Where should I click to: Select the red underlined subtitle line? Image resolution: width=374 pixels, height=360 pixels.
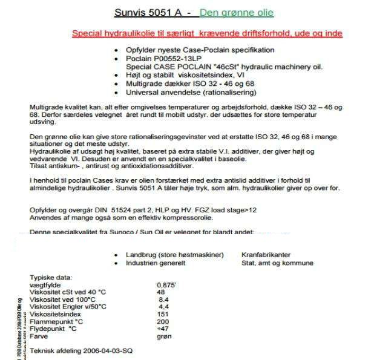coord(207,33)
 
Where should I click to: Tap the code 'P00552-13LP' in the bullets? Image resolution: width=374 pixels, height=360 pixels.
coord(169,59)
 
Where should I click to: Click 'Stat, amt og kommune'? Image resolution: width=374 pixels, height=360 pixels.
coord(277,263)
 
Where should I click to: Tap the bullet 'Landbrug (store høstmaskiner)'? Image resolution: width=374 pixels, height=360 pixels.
coord(175,255)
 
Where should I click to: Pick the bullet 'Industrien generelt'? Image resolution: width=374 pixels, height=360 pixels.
coord(156,263)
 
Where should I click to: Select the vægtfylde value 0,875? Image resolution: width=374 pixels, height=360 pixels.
coord(166,284)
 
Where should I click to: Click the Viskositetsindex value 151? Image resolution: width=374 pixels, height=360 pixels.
coord(163,314)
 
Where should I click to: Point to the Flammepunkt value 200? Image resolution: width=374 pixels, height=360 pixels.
coord(163,321)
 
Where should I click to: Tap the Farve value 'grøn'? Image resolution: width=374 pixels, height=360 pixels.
coord(164,336)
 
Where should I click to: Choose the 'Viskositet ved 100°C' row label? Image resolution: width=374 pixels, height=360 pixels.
coord(63,299)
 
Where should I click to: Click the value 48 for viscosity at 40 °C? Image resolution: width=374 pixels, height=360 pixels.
coord(160,292)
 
